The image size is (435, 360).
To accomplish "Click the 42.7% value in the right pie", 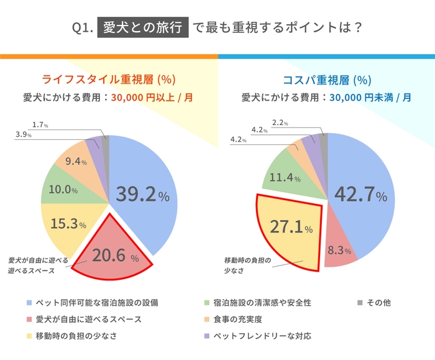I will click(360, 195).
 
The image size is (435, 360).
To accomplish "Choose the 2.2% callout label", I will click(280, 123).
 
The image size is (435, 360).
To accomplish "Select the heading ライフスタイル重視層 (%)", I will click(109, 80).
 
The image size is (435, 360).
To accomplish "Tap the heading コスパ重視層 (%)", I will click(326, 80).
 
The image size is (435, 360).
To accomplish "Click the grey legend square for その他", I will click(360, 303).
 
